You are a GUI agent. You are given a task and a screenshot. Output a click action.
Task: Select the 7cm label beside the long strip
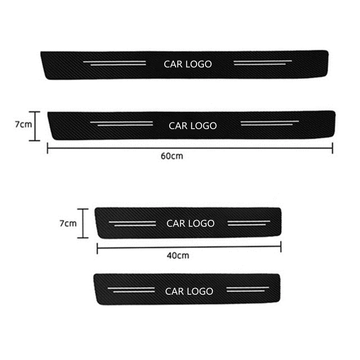22,125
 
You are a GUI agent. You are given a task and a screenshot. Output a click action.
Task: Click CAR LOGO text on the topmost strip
188,64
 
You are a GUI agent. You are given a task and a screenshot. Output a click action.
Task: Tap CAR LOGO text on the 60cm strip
193,126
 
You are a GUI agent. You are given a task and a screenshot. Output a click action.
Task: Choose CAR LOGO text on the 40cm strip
190,223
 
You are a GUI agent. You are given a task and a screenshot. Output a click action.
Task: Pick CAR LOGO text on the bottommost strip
189,292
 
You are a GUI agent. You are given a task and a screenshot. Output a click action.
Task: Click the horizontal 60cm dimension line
112,148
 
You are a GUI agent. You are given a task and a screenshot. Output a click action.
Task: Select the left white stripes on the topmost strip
115,63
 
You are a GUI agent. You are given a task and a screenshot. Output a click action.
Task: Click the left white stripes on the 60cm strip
119,123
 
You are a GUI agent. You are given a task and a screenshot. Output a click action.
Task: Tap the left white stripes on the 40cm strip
132,223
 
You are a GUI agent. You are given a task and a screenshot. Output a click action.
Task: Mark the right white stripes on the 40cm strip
249,222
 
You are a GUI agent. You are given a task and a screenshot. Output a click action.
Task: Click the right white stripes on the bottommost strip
247,289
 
